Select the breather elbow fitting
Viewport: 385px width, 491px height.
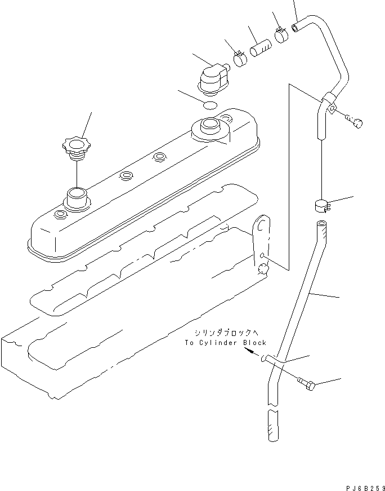pos(214,78)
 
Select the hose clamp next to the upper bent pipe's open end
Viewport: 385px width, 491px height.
pos(281,35)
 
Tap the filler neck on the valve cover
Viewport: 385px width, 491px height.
pos(76,198)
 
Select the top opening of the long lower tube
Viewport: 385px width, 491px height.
pos(321,225)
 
